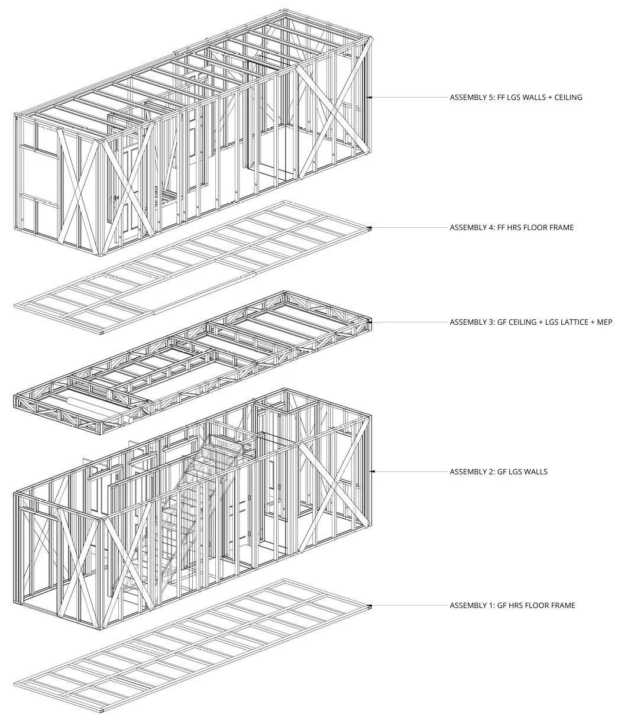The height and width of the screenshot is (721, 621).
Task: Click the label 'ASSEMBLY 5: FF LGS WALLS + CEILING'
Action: click(x=516, y=97)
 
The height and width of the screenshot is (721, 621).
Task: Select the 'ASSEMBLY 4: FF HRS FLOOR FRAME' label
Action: click(x=512, y=227)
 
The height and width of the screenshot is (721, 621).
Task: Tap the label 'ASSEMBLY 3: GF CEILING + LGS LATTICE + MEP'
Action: click(x=531, y=322)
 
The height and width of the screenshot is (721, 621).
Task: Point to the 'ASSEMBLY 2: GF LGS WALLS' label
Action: click(x=499, y=471)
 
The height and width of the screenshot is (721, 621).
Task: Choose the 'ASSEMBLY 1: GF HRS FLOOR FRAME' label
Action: click(x=512, y=605)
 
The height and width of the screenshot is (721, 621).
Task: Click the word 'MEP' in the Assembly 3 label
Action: click(x=604, y=322)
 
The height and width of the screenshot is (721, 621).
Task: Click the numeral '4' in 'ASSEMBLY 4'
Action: click(x=489, y=227)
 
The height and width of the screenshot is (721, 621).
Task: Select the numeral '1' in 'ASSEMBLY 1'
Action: click(x=489, y=605)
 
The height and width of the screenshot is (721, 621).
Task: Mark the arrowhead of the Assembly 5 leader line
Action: click(x=369, y=97)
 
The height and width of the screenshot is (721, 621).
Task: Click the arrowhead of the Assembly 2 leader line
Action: click(x=372, y=471)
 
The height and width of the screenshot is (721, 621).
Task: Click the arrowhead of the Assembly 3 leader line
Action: click(x=369, y=322)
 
